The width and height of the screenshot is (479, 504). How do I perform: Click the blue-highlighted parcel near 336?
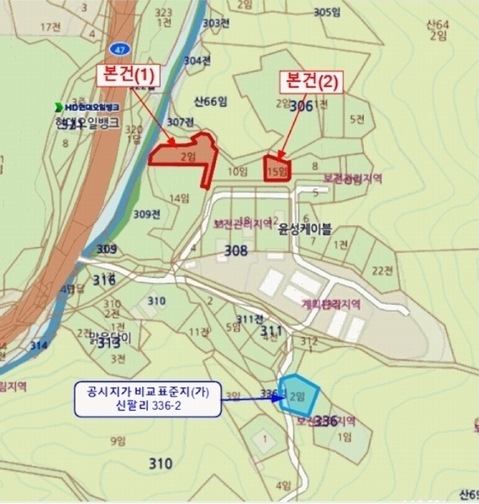[299, 393]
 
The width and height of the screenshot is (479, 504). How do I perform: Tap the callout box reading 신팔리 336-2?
[148, 400]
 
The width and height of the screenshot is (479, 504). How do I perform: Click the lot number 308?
[236, 250]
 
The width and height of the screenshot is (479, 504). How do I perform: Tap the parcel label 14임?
[179, 198]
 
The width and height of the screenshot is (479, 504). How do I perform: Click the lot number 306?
[300, 107]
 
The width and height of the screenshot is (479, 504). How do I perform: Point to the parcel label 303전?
[217, 23]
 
